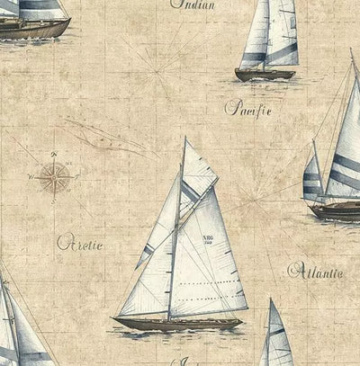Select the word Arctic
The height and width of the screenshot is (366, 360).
(79, 243)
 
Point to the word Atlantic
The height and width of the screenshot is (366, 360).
(315, 270)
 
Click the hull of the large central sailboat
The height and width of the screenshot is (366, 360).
(180, 324)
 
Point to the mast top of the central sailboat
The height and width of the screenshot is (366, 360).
(184, 138)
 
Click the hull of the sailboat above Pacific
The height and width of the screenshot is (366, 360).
(265, 75)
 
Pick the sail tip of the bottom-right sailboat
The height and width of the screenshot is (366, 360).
(272, 301)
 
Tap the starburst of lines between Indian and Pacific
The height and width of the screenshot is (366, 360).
(162, 68)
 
